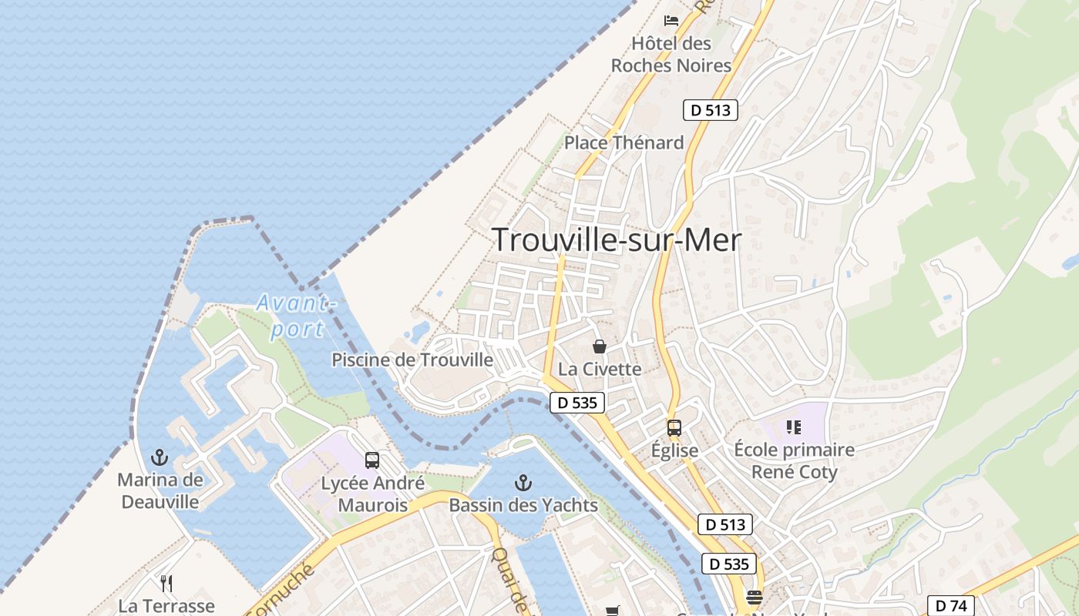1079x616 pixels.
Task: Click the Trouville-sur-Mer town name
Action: pyautogui.click(x=617, y=240)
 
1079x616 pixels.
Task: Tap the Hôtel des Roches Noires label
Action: pyautogui.click(x=671, y=55)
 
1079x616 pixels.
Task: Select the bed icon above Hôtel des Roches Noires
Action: pyautogui.click(x=671, y=20)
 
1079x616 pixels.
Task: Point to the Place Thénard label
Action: pyautogui.click(x=624, y=142)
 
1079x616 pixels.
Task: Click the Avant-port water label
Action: pyautogui.click(x=297, y=316)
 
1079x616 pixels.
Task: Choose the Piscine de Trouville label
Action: pyautogui.click(x=412, y=360)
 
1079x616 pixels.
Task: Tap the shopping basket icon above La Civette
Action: pyautogui.click(x=600, y=346)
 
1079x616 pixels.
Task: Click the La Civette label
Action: pyautogui.click(x=600, y=369)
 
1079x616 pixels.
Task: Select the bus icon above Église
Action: pyautogui.click(x=674, y=427)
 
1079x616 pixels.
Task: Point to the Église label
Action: pyautogui.click(x=674, y=450)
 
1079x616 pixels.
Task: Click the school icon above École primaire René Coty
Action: pyautogui.click(x=794, y=427)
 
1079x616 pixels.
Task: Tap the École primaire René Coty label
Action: pyautogui.click(x=794, y=460)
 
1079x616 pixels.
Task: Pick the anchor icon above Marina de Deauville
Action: pyautogui.click(x=160, y=457)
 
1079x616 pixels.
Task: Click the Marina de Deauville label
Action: pyautogui.click(x=160, y=491)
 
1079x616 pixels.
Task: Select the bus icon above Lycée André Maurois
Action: pyautogui.click(x=372, y=460)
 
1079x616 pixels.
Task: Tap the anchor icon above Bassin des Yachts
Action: pyautogui.click(x=523, y=483)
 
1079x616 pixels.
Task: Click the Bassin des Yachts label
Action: pyautogui.click(x=523, y=506)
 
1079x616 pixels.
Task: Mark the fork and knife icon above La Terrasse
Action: pyautogui.click(x=166, y=583)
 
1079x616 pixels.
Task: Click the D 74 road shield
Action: pyautogui.click(x=950, y=606)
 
